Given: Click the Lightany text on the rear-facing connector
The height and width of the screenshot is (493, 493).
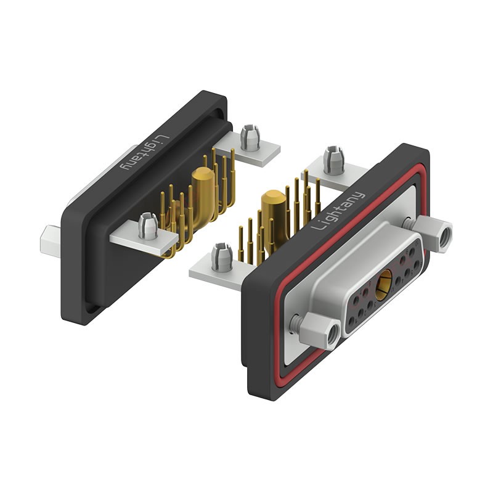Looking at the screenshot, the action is click(145, 152).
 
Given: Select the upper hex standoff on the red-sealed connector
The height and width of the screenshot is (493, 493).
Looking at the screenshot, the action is click(433, 234).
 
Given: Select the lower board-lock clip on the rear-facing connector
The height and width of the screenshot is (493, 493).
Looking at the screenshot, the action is click(148, 226).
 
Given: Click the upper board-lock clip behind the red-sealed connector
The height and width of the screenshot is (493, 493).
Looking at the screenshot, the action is click(334, 161).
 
